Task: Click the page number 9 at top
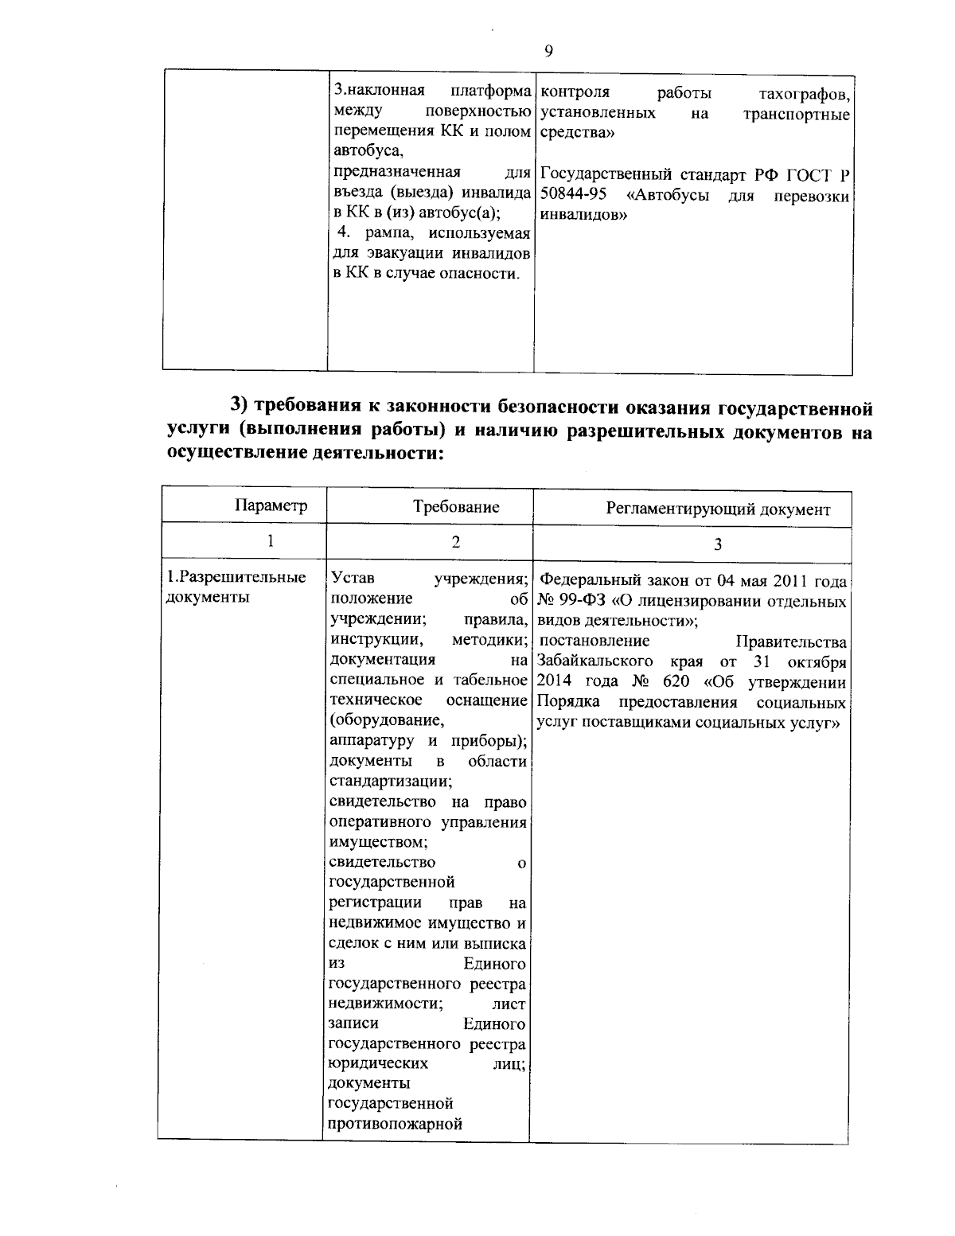548,51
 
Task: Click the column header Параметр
271,506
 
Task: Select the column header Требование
456,506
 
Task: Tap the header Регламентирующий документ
718,509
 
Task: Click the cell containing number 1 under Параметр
271,540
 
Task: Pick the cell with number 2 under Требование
455,541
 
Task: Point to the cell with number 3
718,544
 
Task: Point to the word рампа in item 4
392,233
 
